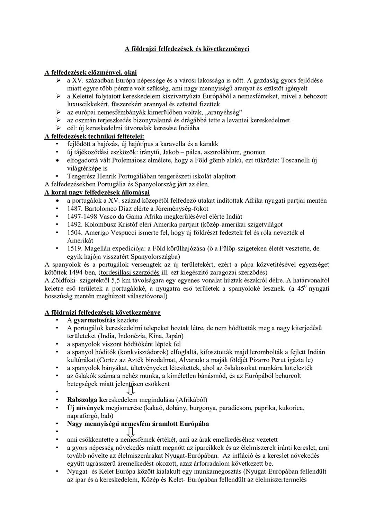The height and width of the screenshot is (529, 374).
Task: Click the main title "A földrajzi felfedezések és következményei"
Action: coord(187,49)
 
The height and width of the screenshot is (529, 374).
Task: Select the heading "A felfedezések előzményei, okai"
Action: coord(91,72)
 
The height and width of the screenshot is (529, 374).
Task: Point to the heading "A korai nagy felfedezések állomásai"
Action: coord(97,192)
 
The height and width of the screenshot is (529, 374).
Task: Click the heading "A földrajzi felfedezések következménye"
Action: coord(103,312)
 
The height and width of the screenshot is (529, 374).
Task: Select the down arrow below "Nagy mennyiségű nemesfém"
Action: coord(131,432)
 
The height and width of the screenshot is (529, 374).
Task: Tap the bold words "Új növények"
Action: coord(86,408)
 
